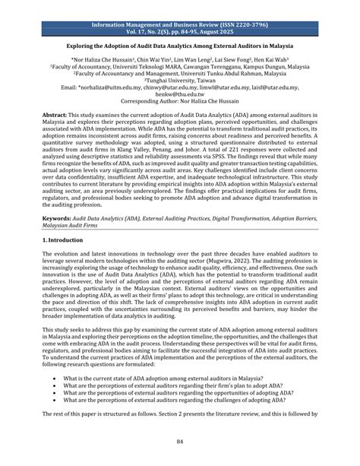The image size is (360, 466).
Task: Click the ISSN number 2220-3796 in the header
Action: [251, 5]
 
